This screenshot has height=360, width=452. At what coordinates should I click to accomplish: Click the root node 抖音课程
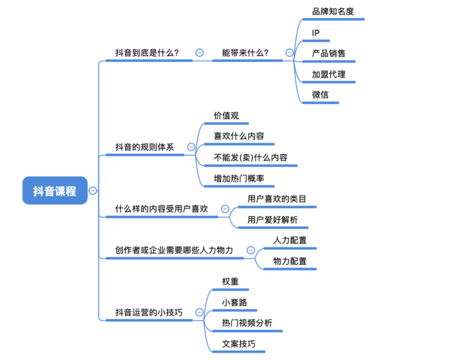54,191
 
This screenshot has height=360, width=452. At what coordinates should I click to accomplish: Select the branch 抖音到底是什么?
147,53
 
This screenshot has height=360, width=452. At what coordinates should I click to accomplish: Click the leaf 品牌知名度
332,11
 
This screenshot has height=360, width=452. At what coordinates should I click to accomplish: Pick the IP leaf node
316,32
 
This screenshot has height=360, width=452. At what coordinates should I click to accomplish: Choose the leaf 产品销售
329,53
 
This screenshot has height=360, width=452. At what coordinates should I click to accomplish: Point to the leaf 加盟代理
329,74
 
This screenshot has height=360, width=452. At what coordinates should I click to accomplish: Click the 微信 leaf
321,95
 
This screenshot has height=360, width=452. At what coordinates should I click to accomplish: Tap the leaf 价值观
226,115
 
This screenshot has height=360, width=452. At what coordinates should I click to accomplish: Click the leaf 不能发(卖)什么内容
250,157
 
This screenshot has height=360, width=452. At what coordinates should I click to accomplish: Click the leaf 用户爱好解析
272,219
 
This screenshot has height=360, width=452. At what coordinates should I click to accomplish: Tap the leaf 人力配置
290,240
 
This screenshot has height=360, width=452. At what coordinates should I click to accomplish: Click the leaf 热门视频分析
246,323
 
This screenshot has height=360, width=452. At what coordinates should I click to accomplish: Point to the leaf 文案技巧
238,344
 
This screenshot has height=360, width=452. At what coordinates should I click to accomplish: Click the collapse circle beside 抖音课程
93,191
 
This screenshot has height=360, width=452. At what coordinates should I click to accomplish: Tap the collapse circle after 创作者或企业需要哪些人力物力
251,250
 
